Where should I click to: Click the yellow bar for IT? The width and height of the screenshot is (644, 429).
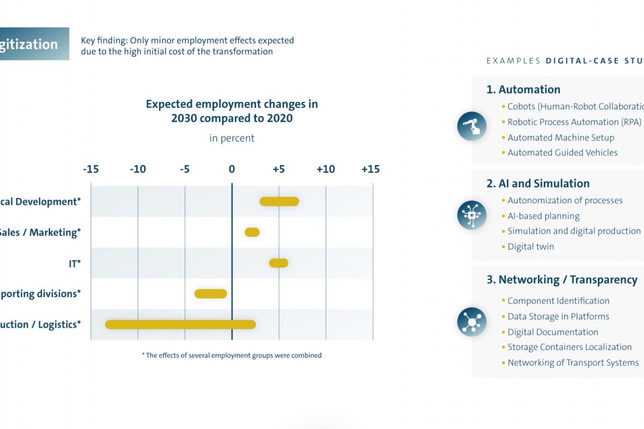tap(279, 263)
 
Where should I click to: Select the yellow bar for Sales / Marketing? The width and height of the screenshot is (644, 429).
tap(252, 232)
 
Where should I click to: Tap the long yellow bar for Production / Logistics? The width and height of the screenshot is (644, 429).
tap(180, 324)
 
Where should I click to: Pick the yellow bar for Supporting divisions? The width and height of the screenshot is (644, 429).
tap(211, 294)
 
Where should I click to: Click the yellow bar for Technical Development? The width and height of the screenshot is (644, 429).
tap(279, 202)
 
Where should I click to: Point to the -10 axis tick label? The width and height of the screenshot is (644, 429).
tap(137, 169)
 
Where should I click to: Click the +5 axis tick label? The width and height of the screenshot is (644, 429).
tap(279, 169)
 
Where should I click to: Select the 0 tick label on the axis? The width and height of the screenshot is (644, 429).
tap(232, 169)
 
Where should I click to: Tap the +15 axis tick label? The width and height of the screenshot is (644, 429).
tap(370, 169)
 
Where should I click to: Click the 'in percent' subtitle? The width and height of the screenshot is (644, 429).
tap(232, 138)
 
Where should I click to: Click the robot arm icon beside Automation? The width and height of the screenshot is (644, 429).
tap(472, 127)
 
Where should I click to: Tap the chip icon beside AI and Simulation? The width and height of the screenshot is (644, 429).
tap(472, 215)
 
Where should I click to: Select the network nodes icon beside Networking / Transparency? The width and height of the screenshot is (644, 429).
tap(472, 322)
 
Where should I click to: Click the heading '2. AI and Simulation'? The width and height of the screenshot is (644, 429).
tap(538, 183)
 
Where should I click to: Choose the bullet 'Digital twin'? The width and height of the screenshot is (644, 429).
tap(531, 247)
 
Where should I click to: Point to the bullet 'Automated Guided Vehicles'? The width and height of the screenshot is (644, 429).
tap(562, 153)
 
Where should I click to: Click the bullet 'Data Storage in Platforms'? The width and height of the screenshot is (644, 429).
tap(558, 316)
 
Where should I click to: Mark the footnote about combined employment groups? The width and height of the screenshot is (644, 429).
tap(232, 355)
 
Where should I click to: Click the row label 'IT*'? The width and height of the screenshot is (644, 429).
tap(75, 263)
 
